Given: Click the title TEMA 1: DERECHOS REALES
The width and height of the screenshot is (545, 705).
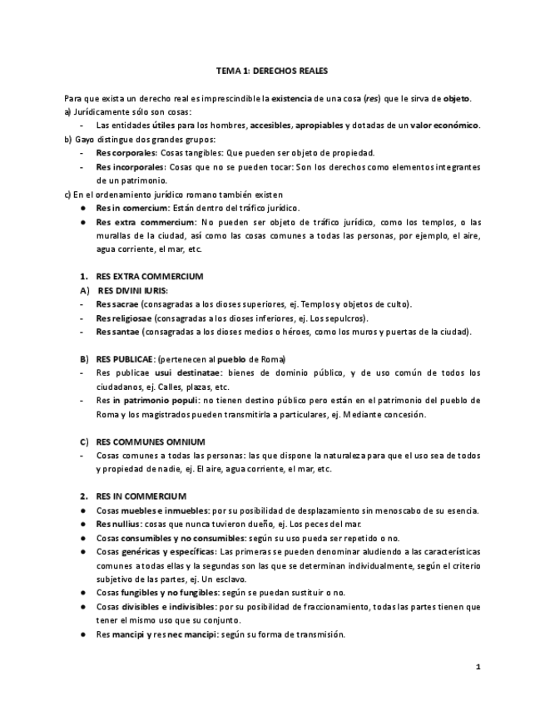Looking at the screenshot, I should coord(272,71).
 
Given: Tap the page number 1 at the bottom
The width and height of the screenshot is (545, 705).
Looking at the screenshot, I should coord(478,667).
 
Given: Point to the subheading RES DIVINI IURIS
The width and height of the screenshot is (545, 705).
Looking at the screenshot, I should coord(132,290).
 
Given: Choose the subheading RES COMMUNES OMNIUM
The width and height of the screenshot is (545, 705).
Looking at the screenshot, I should coord(151,441).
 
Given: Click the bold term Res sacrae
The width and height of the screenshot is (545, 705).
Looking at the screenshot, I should coord(117,304).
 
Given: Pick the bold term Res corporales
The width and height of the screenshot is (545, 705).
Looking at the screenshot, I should coord(126,153).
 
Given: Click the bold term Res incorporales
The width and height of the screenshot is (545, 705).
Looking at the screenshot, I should coord(129,167).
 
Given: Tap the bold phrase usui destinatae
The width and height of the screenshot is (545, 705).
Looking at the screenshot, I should coord(186,372).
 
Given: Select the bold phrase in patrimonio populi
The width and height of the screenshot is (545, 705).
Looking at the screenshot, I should coord(151,400).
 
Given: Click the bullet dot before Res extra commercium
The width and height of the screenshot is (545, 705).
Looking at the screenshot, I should coord(84,222).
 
